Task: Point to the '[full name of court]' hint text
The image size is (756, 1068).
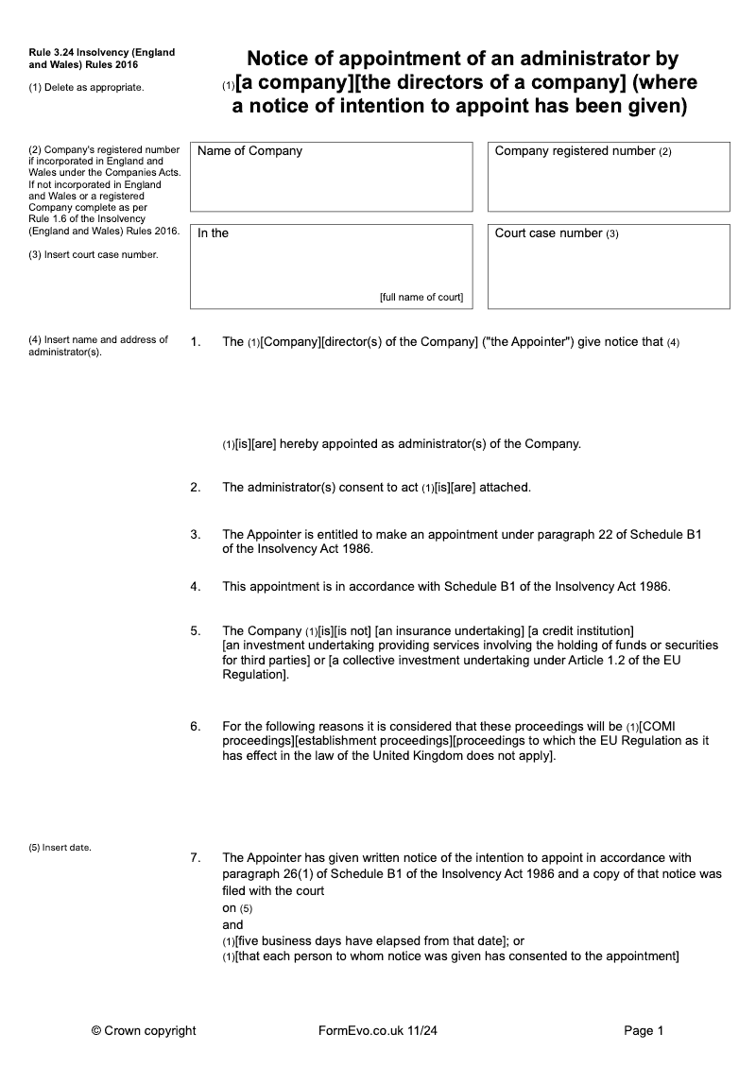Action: click(421, 297)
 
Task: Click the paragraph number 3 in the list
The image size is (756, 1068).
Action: click(195, 534)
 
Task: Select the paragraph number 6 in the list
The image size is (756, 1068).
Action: click(195, 726)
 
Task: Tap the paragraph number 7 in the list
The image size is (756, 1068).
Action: click(195, 858)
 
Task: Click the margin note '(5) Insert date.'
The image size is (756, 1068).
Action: click(60, 847)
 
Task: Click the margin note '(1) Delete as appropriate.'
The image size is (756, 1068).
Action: click(86, 87)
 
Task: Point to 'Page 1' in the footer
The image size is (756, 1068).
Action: click(644, 1030)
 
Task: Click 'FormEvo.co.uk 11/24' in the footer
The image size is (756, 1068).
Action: click(378, 1030)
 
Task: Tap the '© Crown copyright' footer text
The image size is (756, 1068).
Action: click(144, 1030)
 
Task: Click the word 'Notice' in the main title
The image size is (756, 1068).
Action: click(283, 60)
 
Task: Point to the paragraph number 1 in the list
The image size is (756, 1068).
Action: click(195, 341)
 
